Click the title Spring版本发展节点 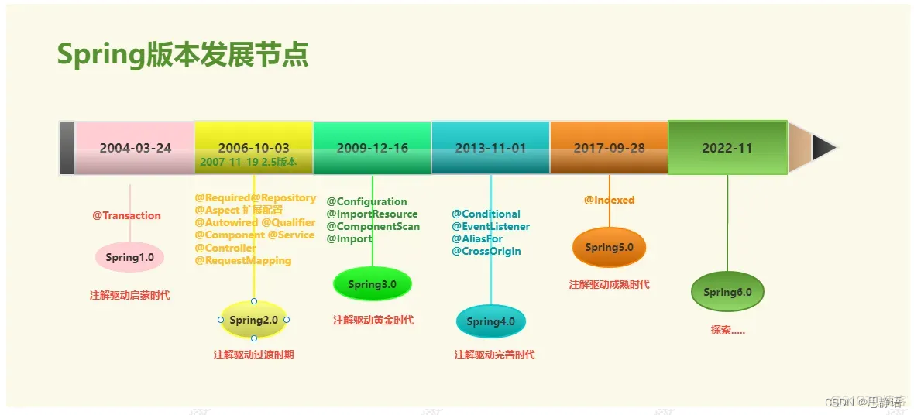(183, 55)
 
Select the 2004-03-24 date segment (135, 148)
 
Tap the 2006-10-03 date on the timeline (253, 147)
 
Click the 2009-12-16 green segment (372, 148)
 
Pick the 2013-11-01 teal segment (490, 148)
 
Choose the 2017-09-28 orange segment (609, 148)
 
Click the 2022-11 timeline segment (727, 148)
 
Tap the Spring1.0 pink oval (129, 257)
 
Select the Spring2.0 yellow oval (253, 320)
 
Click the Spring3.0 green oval (372, 284)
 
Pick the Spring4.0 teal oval (490, 321)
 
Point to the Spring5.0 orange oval (609, 247)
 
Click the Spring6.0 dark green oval (727, 292)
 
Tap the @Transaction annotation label (126, 215)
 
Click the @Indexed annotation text (609, 200)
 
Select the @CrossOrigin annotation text (486, 251)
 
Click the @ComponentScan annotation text (373, 226)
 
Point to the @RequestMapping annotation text (242, 260)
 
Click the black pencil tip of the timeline (823, 147)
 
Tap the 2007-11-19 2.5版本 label (248, 162)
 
